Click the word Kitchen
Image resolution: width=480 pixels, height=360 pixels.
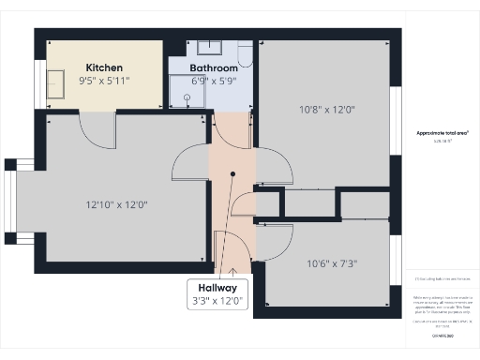click(104, 67)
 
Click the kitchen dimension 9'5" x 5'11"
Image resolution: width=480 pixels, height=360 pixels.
click(104, 81)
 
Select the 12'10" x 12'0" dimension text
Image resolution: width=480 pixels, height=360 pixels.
click(117, 203)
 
